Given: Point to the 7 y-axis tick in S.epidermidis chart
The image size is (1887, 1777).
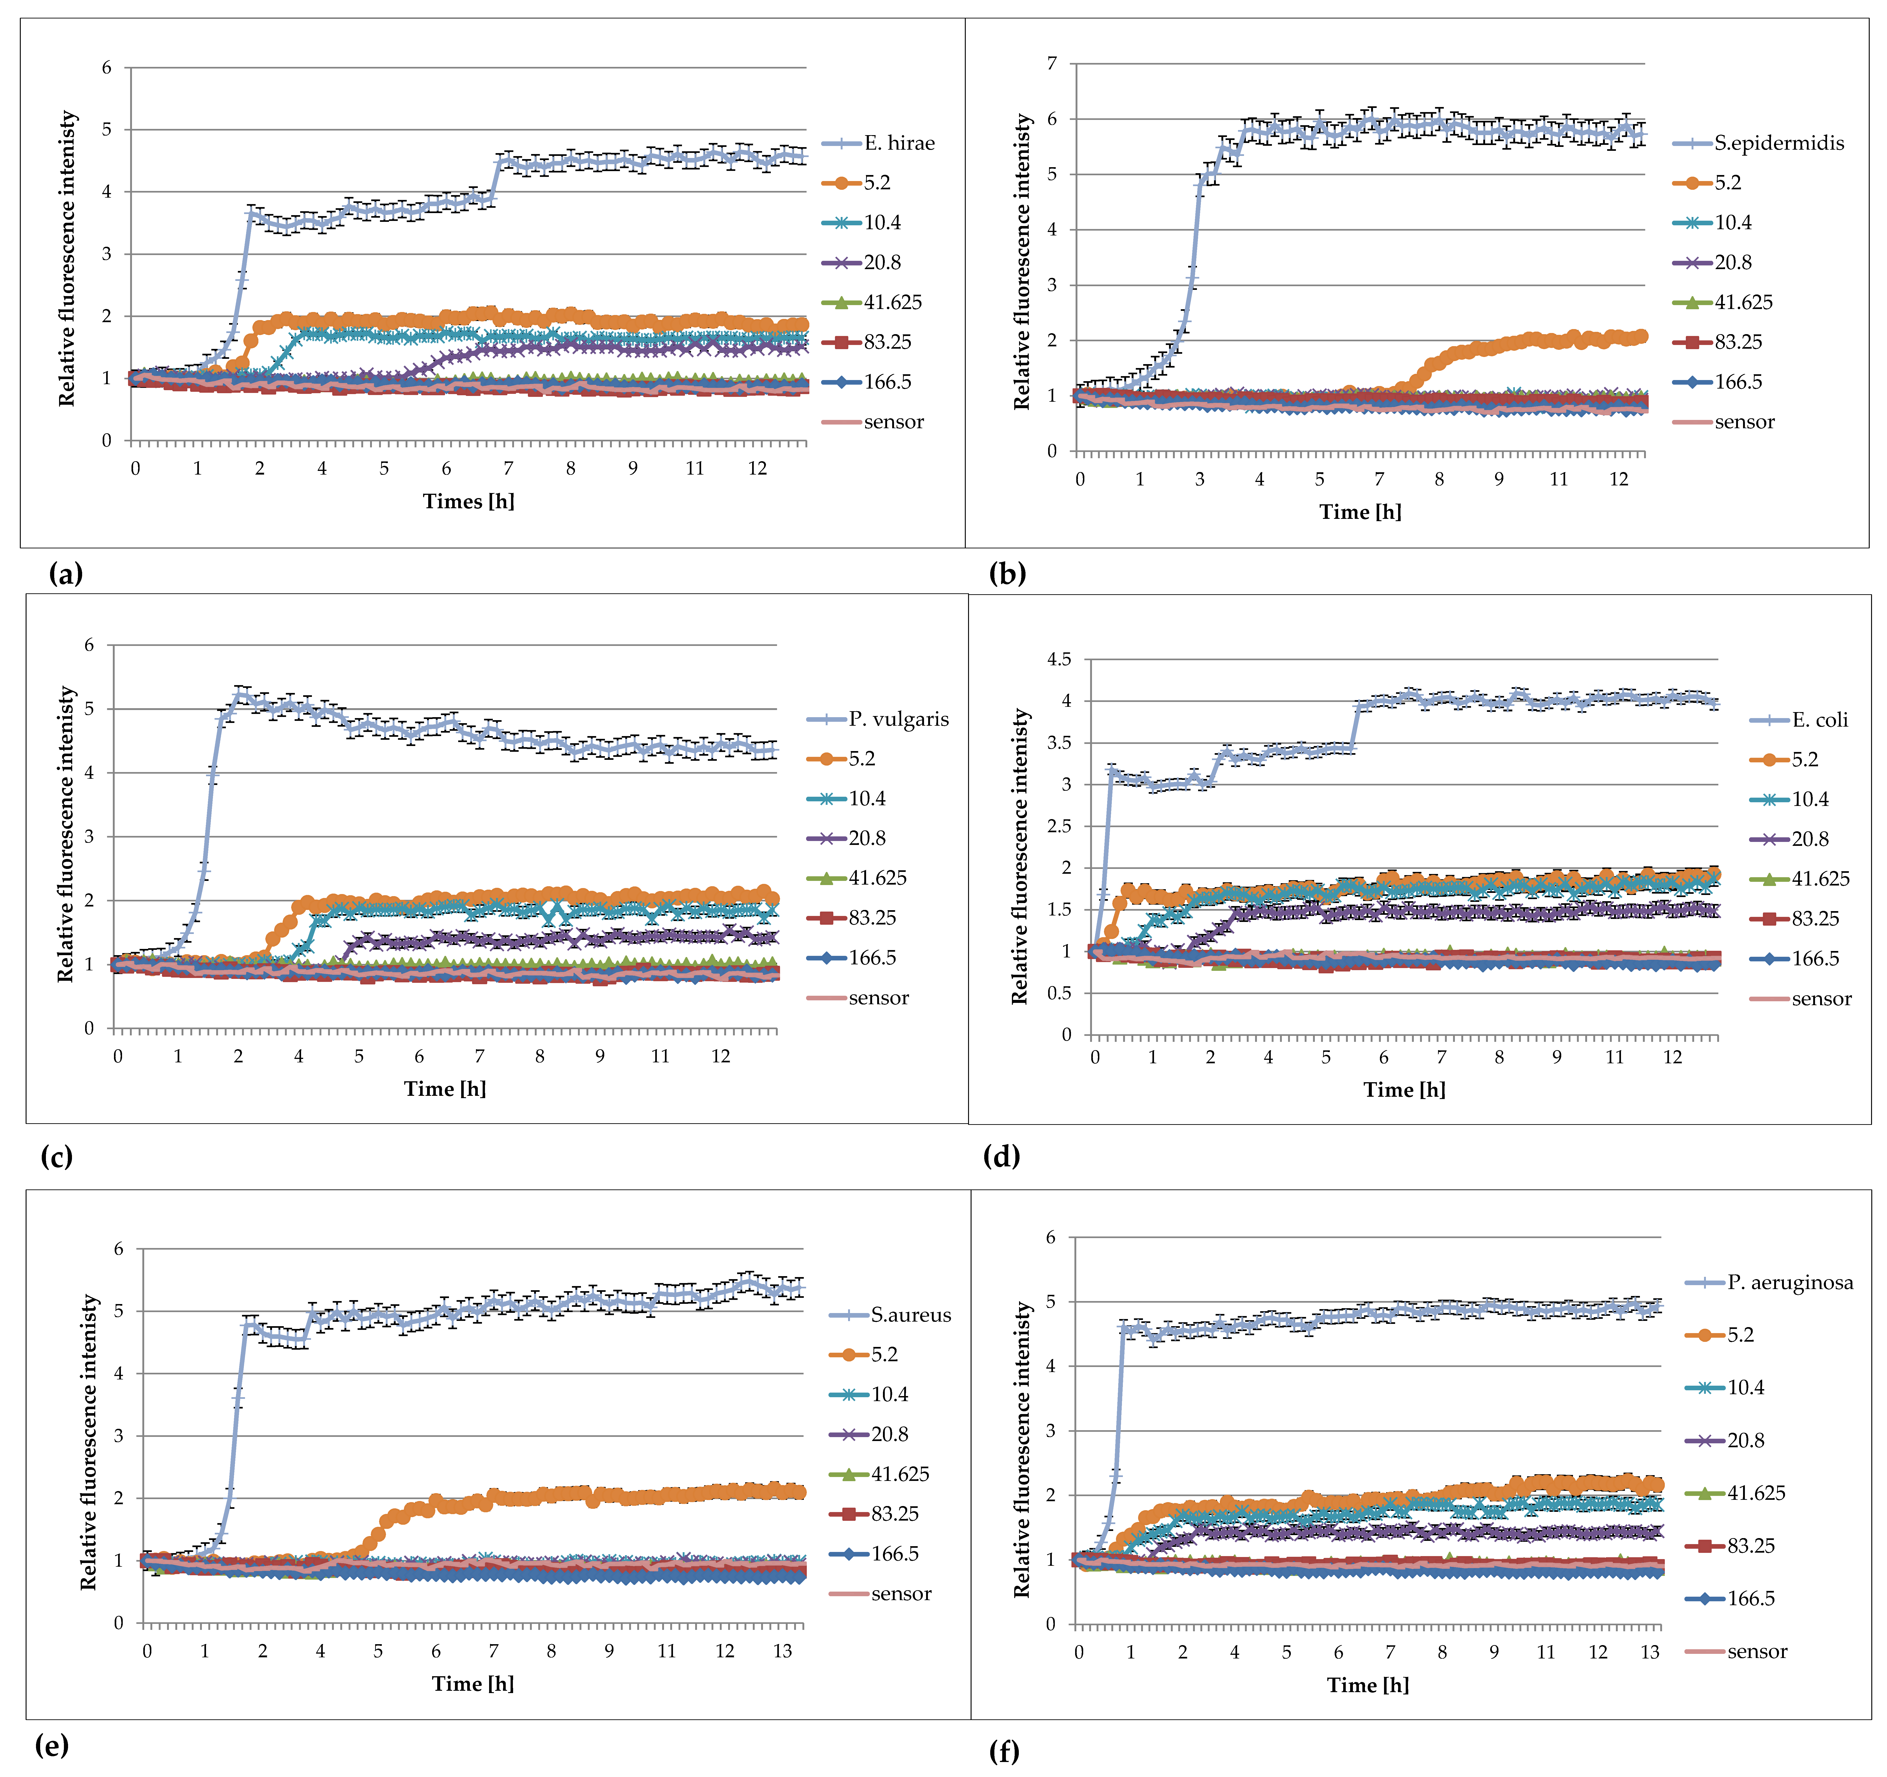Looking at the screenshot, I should coord(1052,64).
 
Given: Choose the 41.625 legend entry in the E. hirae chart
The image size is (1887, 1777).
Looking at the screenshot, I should coord(892,303).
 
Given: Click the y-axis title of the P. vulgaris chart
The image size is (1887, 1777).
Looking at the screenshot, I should coord(66,835).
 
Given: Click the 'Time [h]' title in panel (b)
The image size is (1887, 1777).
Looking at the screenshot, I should coord(1360,512).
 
